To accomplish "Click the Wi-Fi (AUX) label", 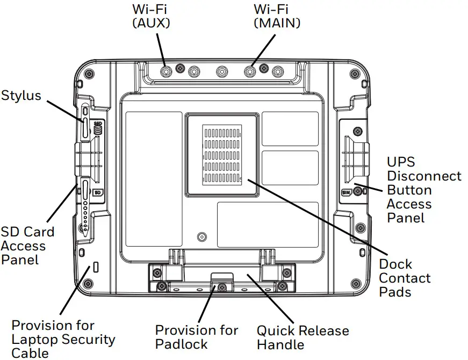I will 152,16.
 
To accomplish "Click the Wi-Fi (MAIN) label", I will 277,16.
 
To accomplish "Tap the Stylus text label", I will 21,96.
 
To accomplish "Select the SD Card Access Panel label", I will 27,246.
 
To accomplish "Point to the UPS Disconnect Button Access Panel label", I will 424,190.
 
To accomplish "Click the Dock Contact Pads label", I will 405,278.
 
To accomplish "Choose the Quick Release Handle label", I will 303,337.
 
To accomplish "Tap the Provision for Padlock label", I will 197,337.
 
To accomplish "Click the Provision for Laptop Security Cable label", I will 63,339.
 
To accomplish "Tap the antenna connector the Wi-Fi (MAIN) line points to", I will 249,70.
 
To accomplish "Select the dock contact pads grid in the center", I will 222,155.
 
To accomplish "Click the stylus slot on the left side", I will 85,127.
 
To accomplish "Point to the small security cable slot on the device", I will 96,267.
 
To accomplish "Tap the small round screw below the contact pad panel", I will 202,236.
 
